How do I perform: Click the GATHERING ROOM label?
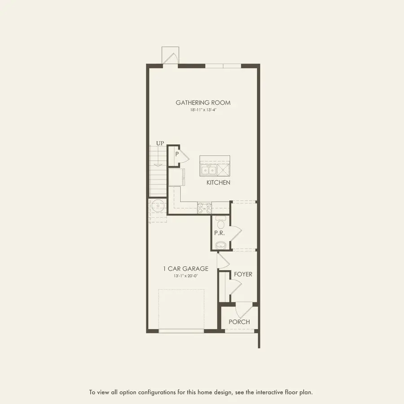[203, 103]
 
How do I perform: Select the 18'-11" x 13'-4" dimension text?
[203, 110]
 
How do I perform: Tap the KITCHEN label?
[218, 183]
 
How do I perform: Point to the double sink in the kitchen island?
[208, 171]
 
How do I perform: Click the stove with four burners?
[204, 207]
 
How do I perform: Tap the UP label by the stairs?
[160, 143]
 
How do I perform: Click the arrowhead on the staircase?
[157, 164]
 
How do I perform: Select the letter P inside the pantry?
[177, 154]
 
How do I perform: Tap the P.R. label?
[220, 233]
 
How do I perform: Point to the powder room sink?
[220, 245]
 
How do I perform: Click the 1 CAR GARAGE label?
[185, 269]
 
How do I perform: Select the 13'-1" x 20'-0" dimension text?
[185, 276]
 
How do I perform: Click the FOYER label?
[243, 274]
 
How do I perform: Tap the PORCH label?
[239, 322]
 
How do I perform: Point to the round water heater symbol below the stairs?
[158, 206]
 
